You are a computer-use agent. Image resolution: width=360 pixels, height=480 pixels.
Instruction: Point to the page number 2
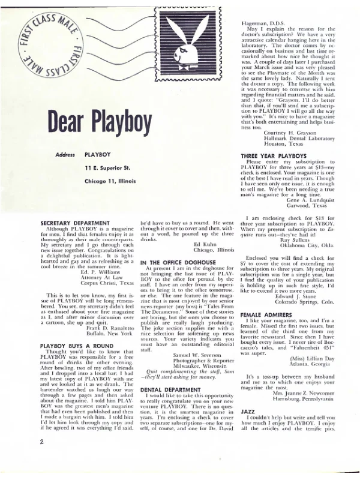[42, 458]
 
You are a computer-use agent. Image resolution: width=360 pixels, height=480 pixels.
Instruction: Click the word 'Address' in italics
[65, 154]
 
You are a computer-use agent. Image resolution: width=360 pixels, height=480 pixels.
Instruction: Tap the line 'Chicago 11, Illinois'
[113, 179]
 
